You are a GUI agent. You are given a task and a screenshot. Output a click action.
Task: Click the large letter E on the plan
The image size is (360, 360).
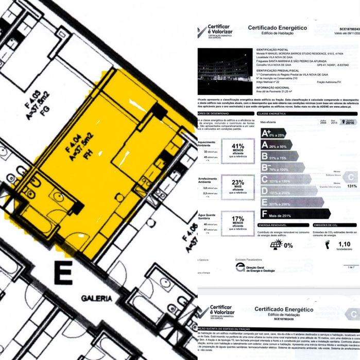63,274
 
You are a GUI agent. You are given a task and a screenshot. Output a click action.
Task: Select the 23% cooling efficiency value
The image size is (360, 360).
238,182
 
